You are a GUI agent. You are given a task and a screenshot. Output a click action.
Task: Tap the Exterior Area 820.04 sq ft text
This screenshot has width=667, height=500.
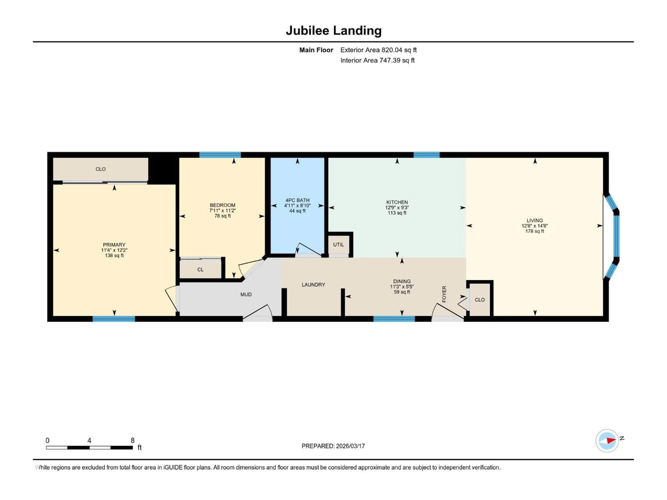378,50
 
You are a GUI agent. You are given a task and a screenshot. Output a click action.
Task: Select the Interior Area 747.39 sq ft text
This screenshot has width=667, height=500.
377,60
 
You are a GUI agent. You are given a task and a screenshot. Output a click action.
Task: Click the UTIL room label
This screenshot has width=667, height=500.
338,244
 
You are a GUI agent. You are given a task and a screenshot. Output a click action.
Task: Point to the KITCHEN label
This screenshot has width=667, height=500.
397,202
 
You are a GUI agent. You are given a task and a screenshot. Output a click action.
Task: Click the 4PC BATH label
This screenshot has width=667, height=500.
297,200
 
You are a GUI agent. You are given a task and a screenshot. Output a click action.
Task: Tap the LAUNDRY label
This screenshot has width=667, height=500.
313,285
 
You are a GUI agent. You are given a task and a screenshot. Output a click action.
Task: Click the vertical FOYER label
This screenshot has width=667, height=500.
444,294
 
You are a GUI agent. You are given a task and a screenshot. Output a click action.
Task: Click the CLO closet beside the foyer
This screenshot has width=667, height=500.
479,300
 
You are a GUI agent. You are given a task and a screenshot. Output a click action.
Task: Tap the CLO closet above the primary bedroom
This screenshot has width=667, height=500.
100,169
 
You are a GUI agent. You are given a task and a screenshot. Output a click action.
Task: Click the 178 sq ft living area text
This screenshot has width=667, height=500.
535,231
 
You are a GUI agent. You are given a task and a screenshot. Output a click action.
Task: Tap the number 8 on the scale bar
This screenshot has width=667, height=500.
132,440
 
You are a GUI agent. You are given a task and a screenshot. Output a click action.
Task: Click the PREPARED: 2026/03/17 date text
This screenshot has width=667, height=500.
333,446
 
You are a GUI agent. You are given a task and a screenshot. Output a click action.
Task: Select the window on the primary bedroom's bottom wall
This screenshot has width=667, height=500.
114,319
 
